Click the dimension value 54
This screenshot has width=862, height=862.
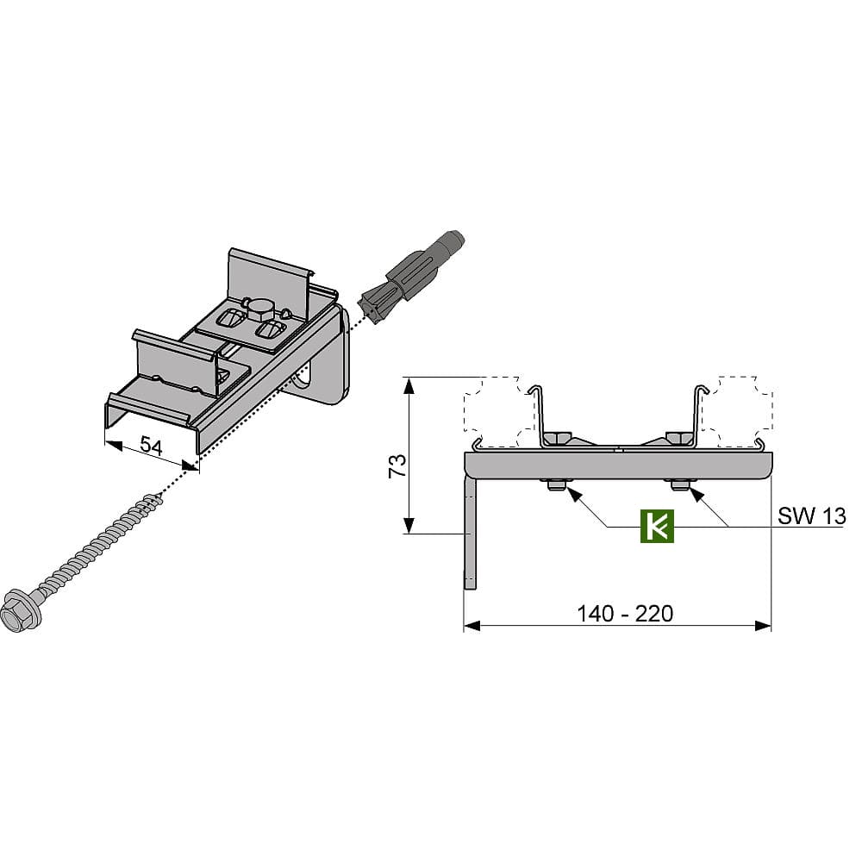coord(151,446)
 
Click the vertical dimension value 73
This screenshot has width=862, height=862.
coord(397,465)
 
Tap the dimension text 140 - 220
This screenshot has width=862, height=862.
coord(624,614)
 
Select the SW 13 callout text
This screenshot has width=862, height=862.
coord(811,516)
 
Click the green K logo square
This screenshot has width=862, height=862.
coord(657,526)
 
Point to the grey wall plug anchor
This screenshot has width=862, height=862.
coord(410,277)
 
